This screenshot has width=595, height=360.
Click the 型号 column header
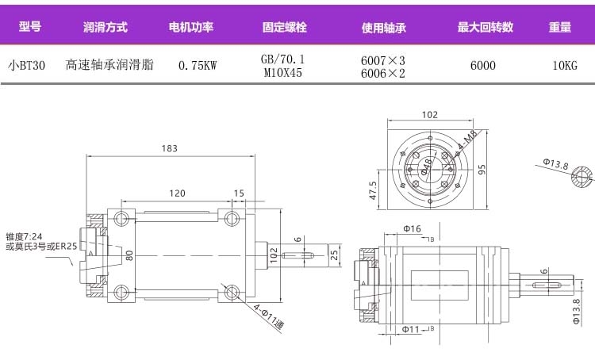click(29, 27)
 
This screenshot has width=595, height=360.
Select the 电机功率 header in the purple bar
click(191, 27)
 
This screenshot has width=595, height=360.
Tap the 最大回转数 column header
click(485, 27)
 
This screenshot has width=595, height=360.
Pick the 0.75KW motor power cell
click(198, 66)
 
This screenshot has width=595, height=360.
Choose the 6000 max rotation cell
click(482, 66)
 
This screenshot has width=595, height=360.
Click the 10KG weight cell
click(564, 66)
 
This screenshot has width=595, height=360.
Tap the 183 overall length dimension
click(169, 148)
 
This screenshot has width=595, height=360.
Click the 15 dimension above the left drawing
click(239, 193)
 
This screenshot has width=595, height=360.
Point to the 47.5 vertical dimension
click(372, 190)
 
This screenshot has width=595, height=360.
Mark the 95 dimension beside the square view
click(481, 170)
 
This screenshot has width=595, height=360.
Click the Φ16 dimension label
click(411, 229)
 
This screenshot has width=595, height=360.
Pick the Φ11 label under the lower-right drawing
click(409, 329)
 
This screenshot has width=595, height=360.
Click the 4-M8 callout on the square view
click(466, 142)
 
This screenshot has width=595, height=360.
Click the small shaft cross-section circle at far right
click(583, 175)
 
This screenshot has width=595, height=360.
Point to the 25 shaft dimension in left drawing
click(334, 255)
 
